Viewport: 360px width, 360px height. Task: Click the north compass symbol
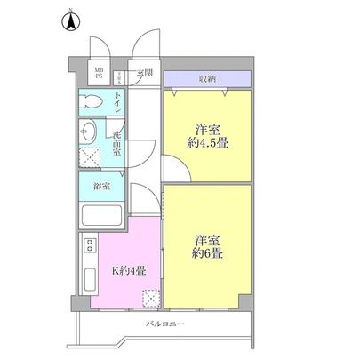click(70, 20)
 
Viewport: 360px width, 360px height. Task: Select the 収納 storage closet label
click(206, 77)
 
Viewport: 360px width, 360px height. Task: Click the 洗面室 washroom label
click(117, 142)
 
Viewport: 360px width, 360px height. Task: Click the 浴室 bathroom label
click(101, 186)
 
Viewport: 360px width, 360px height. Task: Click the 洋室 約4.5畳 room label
click(205, 135)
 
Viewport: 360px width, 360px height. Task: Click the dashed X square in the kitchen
click(150, 298)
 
